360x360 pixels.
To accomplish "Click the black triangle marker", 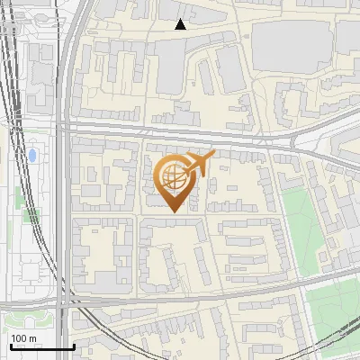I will pyautogui.click(x=180, y=24).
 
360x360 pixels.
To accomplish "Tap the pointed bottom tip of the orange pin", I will pyautogui.click(x=173, y=212).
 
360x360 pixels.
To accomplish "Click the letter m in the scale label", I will pyautogui.click(x=32, y=338).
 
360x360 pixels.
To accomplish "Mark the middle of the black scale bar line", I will pyautogui.click(x=42, y=346).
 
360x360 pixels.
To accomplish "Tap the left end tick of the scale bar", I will pyautogui.click(x=11, y=345).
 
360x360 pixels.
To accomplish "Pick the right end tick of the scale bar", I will pyautogui.click(x=74, y=345).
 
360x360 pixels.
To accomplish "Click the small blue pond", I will pyautogui.click(x=33, y=156).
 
